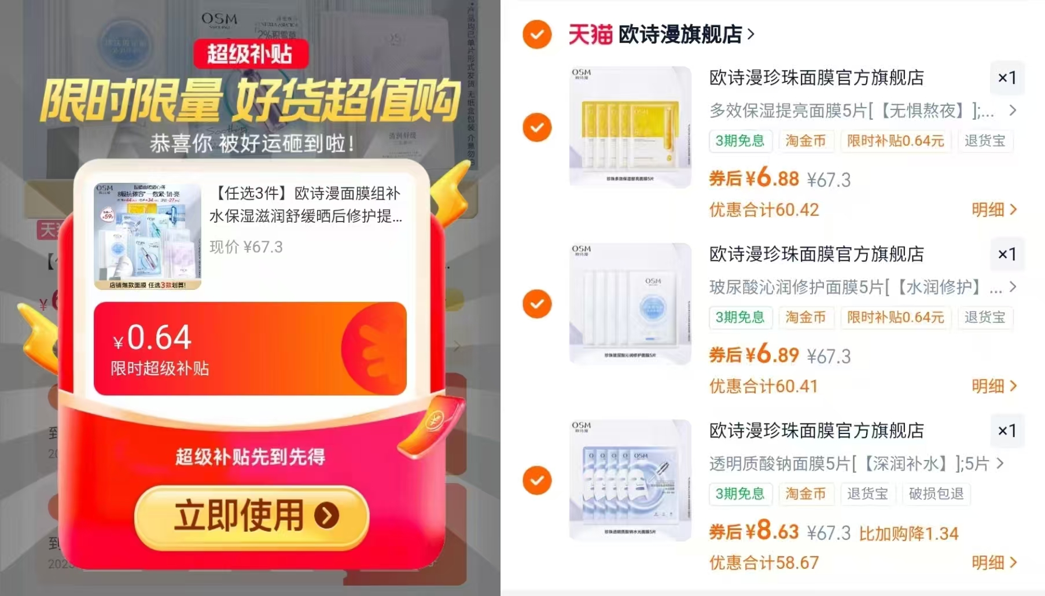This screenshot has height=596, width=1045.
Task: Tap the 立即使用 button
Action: (251, 516)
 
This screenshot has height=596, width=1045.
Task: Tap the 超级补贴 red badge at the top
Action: (250, 54)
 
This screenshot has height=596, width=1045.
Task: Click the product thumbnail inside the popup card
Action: (148, 236)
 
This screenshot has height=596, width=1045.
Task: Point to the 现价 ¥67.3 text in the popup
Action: (246, 247)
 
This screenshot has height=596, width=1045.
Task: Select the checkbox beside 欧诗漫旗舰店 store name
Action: (537, 34)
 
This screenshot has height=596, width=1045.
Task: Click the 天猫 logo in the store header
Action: (590, 35)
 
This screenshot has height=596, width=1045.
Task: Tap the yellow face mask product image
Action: (630, 127)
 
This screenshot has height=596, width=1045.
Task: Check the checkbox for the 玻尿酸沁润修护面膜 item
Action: (537, 304)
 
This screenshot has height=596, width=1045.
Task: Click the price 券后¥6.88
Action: (754, 178)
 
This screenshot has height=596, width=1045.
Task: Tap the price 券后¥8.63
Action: (754, 531)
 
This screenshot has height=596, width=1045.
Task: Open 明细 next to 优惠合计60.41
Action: (994, 386)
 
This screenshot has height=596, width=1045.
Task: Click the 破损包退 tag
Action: (936, 494)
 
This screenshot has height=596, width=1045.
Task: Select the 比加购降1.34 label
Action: (908, 534)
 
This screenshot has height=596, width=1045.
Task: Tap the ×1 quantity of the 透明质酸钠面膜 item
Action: (1007, 431)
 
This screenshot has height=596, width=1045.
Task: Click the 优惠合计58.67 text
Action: (764, 562)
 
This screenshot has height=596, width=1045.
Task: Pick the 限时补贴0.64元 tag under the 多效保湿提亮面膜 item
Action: (895, 141)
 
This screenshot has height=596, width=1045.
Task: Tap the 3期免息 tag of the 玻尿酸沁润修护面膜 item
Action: (739, 317)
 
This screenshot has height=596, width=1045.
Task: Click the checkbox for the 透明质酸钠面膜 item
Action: (537, 480)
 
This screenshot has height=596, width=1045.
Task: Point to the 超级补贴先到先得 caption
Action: (250, 457)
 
